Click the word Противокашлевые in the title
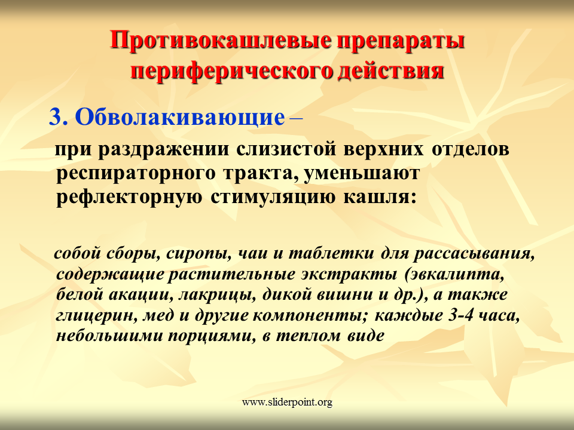click(x=221, y=40)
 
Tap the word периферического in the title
click(x=231, y=70)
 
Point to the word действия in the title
click(x=391, y=72)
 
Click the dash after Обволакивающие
click(x=296, y=118)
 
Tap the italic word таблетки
click(x=331, y=253)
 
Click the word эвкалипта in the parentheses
click(x=456, y=275)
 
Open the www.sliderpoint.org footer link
click(x=287, y=403)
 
